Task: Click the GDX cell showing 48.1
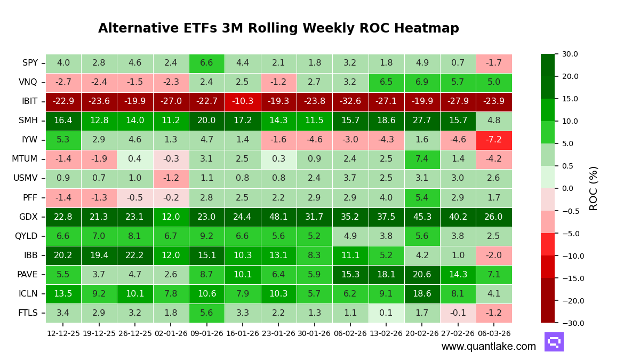coord(278,217)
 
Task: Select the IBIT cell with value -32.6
coord(350,101)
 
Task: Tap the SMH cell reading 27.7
coord(422,121)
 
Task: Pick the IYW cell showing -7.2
coord(493,140)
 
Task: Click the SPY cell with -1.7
coord(493,63)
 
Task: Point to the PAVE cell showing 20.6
coord(422,275)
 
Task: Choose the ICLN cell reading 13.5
coord(63,294)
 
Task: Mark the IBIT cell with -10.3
coord(243,101)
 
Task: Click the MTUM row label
coord(25,159)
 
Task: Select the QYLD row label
coord(26,236)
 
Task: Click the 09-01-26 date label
coord(206,333)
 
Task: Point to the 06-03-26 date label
coord(493,333)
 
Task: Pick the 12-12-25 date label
coord(63,333)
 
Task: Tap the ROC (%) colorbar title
coord(594,188)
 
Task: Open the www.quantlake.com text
coord(489,347)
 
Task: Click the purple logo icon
coord(554,342)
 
